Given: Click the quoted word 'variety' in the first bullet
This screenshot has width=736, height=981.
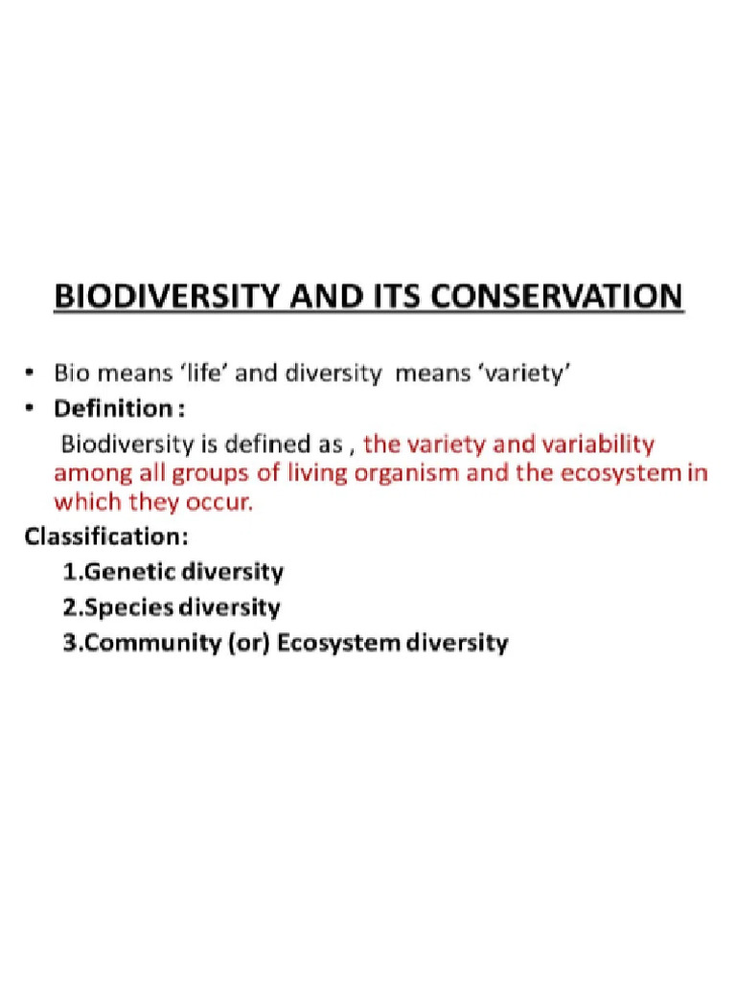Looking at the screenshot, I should point(526,374).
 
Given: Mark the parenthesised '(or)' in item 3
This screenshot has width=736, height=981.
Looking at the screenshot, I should point(254,643).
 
